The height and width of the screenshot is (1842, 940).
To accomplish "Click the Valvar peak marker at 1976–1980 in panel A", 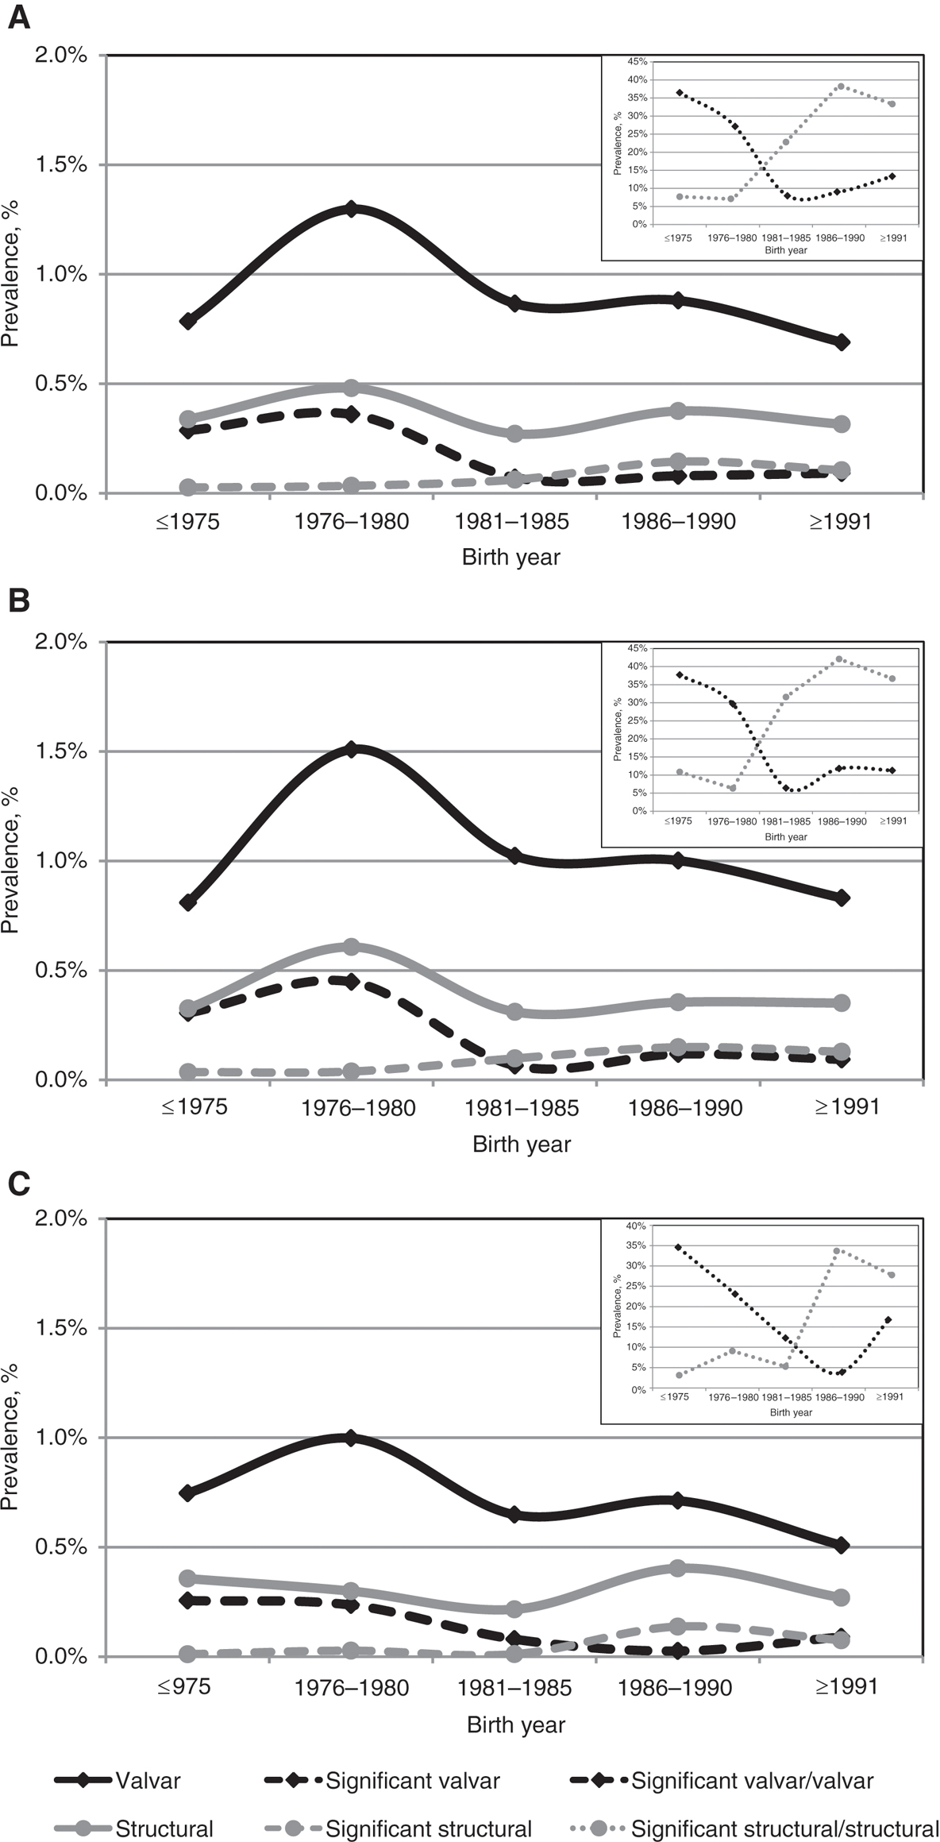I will [351, 209].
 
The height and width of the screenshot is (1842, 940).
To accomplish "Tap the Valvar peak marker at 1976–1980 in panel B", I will [351, 749].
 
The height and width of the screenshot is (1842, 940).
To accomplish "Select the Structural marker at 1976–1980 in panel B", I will [351, 946].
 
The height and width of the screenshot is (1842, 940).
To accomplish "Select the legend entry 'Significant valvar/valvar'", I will [752, 1781].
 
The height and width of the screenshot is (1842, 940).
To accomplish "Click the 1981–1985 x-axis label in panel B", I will [522, 1107].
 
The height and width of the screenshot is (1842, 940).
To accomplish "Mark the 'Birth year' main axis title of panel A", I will [510, 557].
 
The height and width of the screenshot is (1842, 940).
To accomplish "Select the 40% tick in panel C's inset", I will [636, 1226].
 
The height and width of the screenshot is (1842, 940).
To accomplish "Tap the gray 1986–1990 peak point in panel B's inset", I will [839, 659].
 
